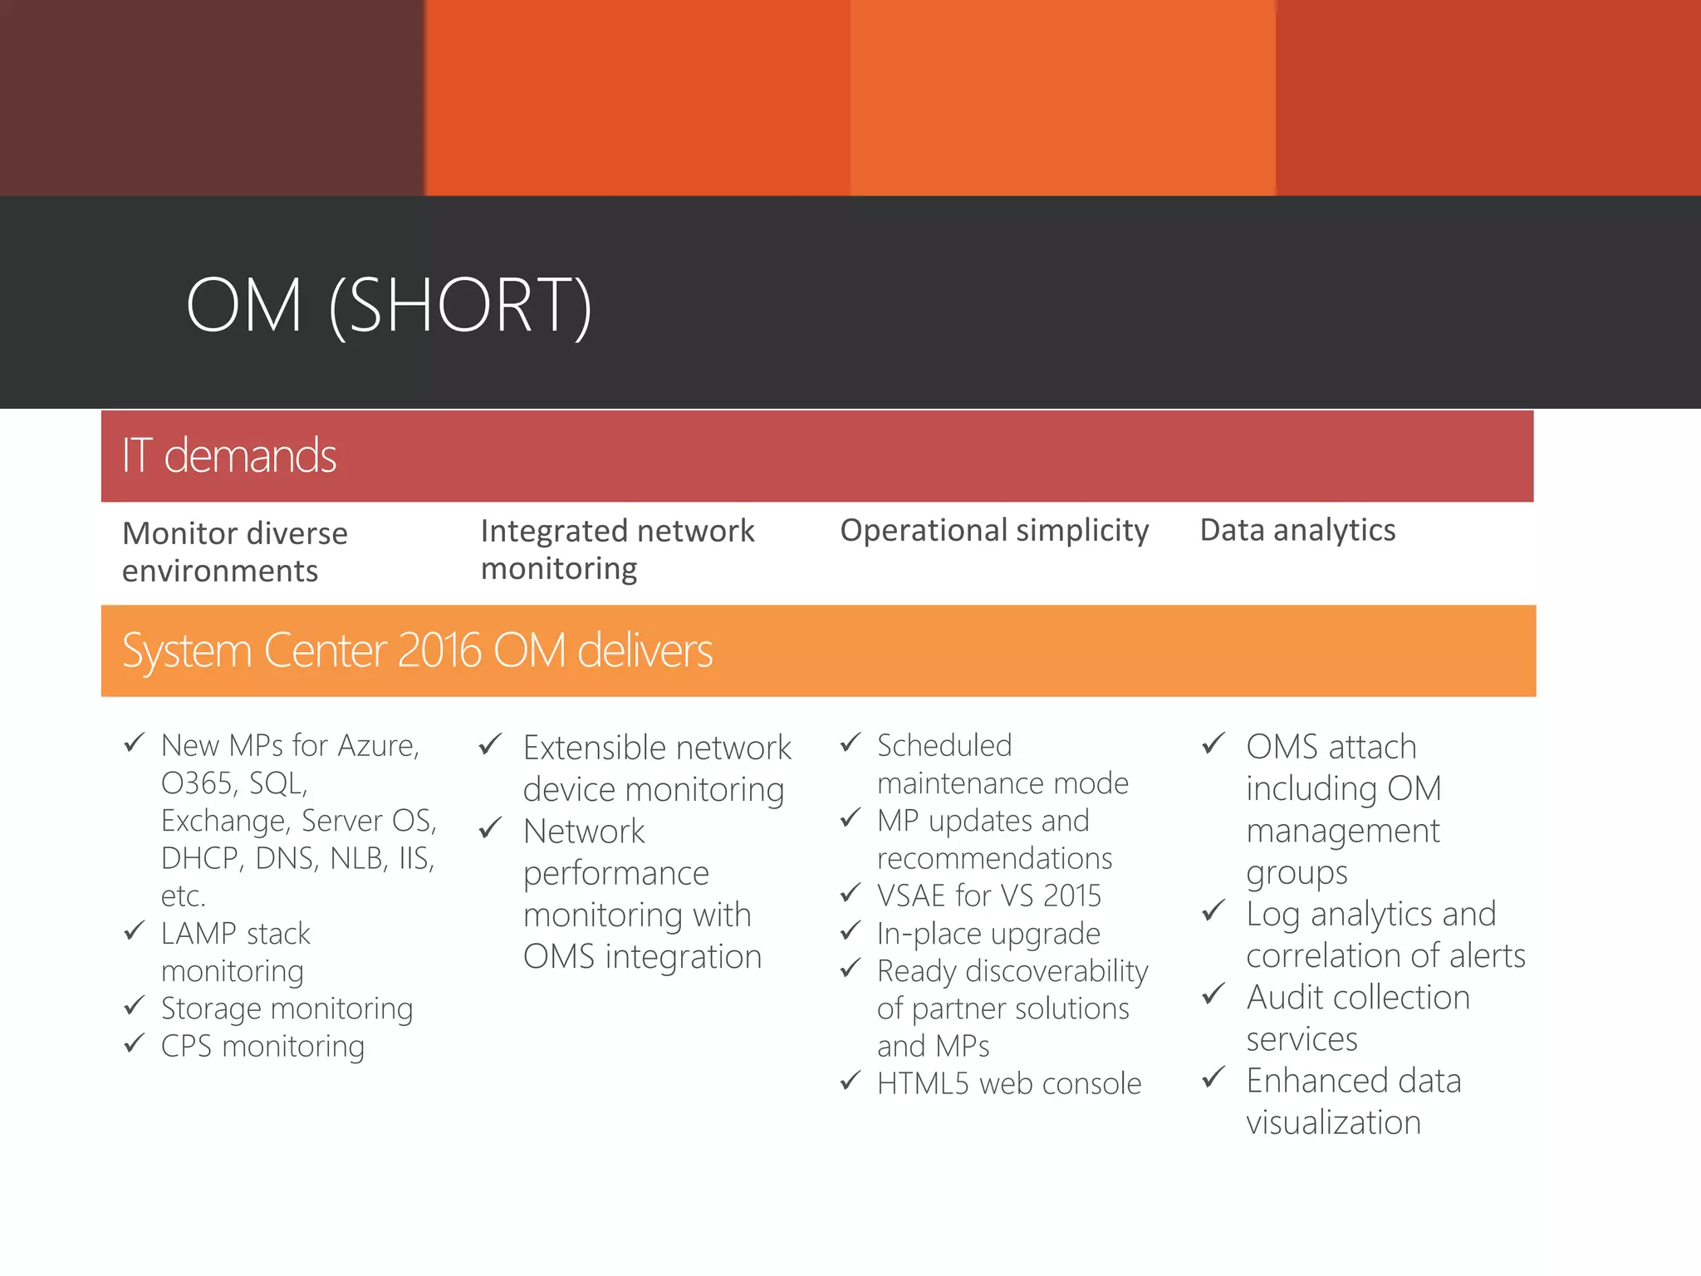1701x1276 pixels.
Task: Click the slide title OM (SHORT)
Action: pos(389,306)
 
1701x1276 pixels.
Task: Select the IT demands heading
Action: pos(229,456)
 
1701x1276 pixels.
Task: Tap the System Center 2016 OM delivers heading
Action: pos(417,650)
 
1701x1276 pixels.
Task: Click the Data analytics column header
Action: pos(1297,530)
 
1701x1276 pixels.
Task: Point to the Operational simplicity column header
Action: pos(994,530)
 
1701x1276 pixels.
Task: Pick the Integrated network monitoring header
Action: pos(617,549)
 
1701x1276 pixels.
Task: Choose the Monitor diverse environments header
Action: pos(235,552)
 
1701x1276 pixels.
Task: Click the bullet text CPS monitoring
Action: pos(262,1046)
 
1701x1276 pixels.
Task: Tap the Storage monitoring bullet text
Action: pos(287,1009)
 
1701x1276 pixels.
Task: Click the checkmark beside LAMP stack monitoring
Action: pos(135,930)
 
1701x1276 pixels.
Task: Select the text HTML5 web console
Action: pos(1009,1083)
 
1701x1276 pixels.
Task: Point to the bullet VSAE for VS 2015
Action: pos(988,896)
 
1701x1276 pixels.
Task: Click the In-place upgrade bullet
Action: pos(988,934)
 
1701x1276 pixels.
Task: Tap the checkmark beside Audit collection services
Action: pos(1213,994)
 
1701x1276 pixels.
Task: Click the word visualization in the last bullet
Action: pos(1333,1122)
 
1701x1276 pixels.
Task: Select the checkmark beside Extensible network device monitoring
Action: pos(491,744)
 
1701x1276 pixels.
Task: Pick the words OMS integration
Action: pos(642,957)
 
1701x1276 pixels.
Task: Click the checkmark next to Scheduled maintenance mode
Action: pos(850,743)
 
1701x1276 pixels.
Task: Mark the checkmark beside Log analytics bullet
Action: pos(1213,911)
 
